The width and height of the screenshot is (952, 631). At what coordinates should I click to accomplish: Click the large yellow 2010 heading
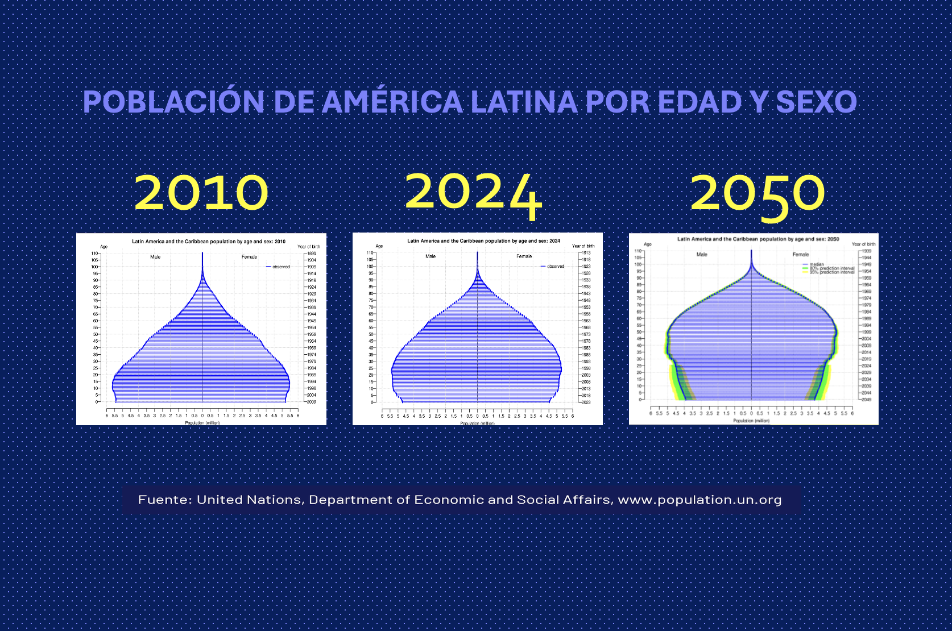(x=201, y=193)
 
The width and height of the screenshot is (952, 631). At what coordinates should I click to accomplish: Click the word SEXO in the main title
(x=816, y=102)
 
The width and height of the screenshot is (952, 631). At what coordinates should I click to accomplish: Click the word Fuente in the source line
(x=164, y=500)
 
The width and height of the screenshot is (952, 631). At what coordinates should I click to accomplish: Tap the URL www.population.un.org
(x=699, y=500)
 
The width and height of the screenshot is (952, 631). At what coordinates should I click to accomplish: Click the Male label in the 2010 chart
(x=155, y=257)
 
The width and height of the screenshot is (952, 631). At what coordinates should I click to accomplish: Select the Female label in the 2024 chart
(x=524, y=256)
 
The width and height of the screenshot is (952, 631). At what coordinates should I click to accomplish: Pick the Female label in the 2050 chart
(x=800, y=255)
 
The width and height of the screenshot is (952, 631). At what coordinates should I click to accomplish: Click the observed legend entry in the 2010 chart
(x=280, y=267)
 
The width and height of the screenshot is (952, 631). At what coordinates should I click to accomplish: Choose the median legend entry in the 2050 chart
(x=816, y=264)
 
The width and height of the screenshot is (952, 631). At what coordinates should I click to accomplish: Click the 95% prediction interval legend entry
(x=831, y=272)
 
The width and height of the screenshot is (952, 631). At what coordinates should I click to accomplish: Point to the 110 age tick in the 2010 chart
(x=94, y=254)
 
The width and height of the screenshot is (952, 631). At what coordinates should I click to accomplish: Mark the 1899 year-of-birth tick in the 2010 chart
(x=312, y=254)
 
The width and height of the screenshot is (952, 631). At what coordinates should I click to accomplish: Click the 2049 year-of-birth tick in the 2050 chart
(x=866, y=400)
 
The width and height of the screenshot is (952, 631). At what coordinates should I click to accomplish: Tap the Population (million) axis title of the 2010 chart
(x=202, y=423)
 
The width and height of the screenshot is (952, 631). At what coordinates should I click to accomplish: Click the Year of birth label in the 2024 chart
(x=583, y=246)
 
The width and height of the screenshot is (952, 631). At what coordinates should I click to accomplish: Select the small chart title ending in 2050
(x=758, y=239)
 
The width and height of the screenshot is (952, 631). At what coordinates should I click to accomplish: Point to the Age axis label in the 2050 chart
(x=647, y=244)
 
